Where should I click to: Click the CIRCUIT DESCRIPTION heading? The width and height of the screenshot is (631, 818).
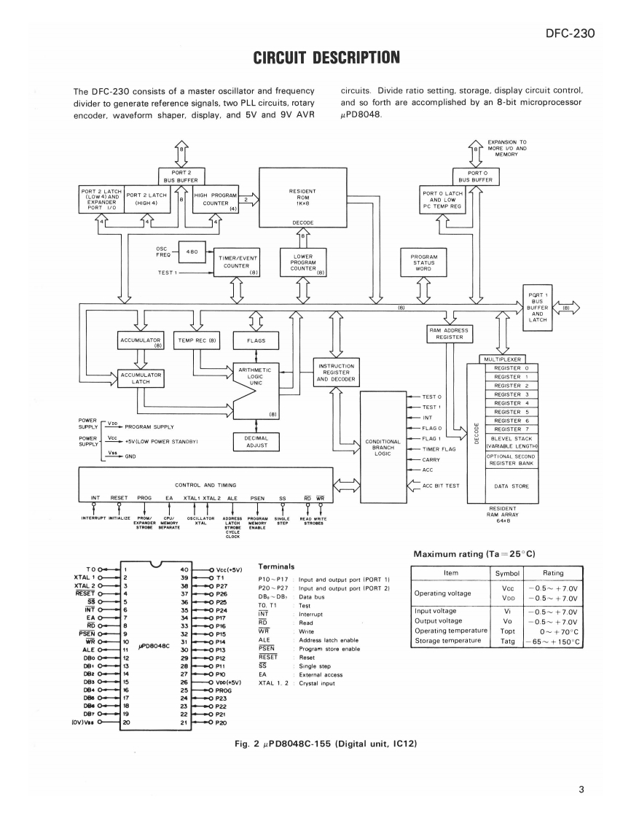pyautogui.click(x=326, y=58)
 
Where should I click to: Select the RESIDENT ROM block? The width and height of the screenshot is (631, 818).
pyautogui.click(x=303, y=198)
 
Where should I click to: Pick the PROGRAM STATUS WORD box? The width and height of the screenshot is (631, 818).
pyautogui.click(x=423, y=262)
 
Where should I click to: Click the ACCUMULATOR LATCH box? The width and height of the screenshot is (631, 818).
pyautogui.click(x=141, y=378)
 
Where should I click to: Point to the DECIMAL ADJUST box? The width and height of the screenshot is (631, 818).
pyautogui.click(x=256, y=442)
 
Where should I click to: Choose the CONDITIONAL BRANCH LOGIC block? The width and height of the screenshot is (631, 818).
pyautogui.click(x=383, y=448)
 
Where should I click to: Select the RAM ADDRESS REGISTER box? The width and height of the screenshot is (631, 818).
pyautogui.click(x=449, y=334)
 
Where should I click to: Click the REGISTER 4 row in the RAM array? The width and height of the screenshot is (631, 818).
pyautogui.click(x=512, y=403)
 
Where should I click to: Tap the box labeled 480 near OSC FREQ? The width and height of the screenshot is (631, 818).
pyautogui.click(x=192, y=252)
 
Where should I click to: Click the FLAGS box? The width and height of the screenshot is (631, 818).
pyautogui.click(x=256, y=340)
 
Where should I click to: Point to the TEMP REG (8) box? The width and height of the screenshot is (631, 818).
pyautogui.click(x=197, y=340)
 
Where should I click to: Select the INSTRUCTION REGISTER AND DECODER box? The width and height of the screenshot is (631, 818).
pyautogui.click(x=337, y=373)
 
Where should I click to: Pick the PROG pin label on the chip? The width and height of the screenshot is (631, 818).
pyautogui.click(x=224, y=690)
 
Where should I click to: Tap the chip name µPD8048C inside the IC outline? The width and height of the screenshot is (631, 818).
pyautogui.click(x=154, y=646)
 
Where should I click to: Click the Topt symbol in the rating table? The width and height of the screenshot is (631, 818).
pyautogui.click(x=507, y=631)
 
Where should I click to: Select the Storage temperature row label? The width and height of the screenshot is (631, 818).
pyautogui.click(x=448, y=641)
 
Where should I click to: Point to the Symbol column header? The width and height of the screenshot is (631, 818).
pyautogui.click(x=507, y=573)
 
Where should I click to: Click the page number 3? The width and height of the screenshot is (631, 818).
pyautogui.click(x=581, y=790)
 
